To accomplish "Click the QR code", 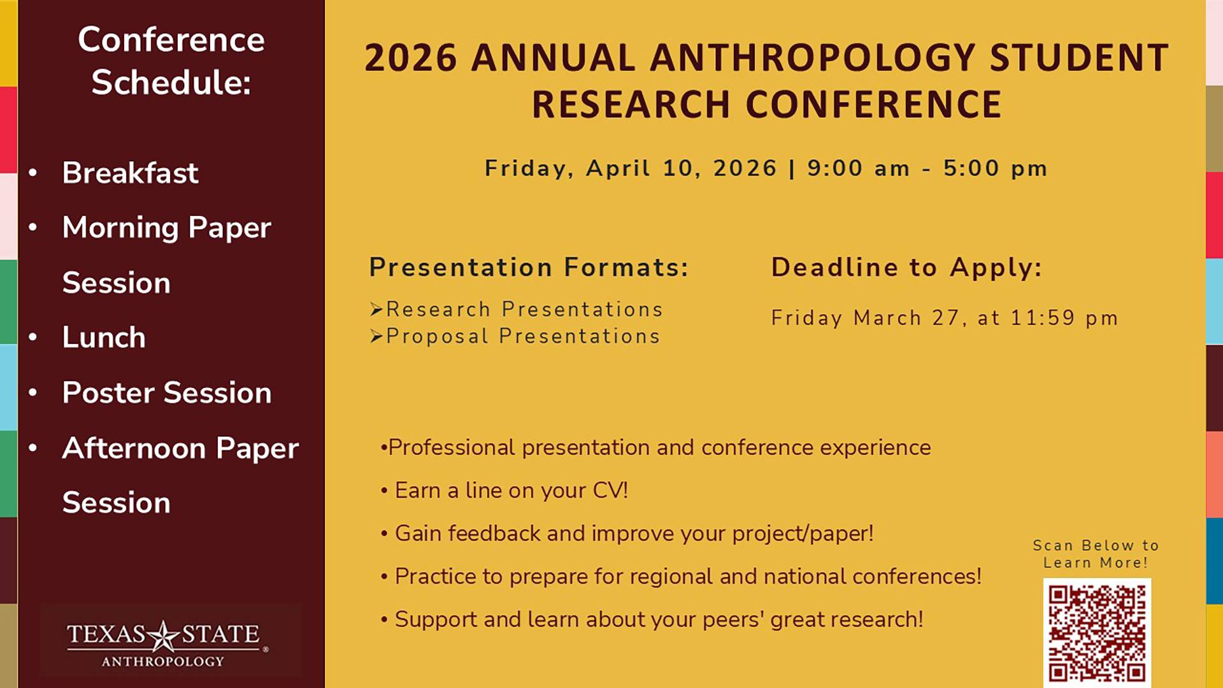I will (x=1096, y=633).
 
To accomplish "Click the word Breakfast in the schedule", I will (x=130, y=173).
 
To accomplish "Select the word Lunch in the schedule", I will (x=104, y=338).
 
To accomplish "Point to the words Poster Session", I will (x=167, y=392).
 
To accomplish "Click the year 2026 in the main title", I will (x=411, y=58).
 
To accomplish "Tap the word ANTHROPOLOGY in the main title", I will (x=813, y=58).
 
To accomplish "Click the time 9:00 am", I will (x=858, y=169).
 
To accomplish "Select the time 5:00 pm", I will (x=995, y=169).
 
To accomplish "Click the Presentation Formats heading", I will (x=529, y=268).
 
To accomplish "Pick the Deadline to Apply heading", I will (x=906, y=268).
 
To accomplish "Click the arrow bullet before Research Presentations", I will (x=376, y=310).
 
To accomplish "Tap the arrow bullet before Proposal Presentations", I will (x=376, y=336).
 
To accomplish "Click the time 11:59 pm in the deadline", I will (x=1064, y=318).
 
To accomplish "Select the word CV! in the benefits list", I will (x=610, y=491).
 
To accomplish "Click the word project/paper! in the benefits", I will (x=803, y=534).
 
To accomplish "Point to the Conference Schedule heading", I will (x=171, y=61).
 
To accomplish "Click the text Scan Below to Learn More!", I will (x=1096, y=554).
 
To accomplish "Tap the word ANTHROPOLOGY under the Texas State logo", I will (x=163, y=662).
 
